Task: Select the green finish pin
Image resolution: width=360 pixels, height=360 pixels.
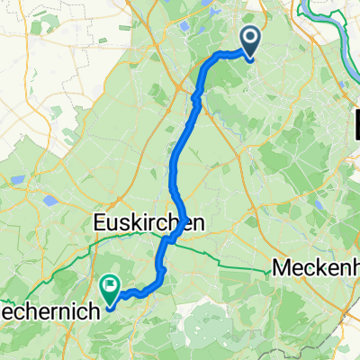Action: (111, 289)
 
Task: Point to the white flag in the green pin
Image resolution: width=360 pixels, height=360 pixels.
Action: (111, 286)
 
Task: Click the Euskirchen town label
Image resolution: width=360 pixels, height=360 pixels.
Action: (147, 222)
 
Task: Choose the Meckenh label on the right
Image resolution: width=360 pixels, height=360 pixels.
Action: (315, 268)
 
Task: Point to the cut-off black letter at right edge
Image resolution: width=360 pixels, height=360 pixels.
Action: (355, 120)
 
